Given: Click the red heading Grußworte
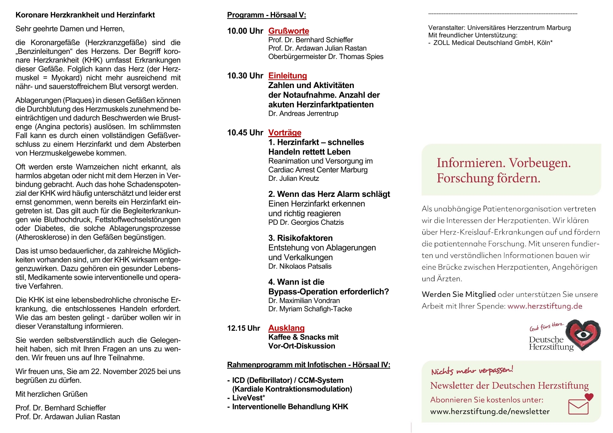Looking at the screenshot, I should (x=289, y=31).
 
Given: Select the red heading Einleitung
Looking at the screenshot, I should (x=288, y=76).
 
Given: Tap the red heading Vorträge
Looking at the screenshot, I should (x=285, y=132).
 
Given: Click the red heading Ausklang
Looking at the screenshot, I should (x=286, y=328).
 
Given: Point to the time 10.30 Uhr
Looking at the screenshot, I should (x=245, y=76).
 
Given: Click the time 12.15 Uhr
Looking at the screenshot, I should (x=244, y=328).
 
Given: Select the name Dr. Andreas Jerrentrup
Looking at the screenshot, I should (x=303, y=114).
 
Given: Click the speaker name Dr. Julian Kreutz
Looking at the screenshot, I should (x=293, y=178).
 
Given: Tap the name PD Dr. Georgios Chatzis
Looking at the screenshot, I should (x=306, y=222).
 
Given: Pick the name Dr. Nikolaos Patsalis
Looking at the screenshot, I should (x=300, y=266).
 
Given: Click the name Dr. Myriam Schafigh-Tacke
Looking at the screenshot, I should (x=310, y=309).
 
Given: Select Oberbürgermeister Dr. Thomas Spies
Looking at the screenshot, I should (x=326, y=56).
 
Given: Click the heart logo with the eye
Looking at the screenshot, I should (x=584, y=335).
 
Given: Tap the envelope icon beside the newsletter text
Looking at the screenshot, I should (x=579, y=406).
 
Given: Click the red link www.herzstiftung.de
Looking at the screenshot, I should (x=545, y=306).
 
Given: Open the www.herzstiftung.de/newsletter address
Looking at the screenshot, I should (x=490, y=412).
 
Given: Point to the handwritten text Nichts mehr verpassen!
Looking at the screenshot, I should (x=472, y=370).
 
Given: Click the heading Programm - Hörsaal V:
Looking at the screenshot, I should (x=266, y=15).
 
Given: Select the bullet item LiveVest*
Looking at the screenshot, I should (x=248, y=398).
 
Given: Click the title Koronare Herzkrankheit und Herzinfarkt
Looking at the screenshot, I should (x=85, y=15).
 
